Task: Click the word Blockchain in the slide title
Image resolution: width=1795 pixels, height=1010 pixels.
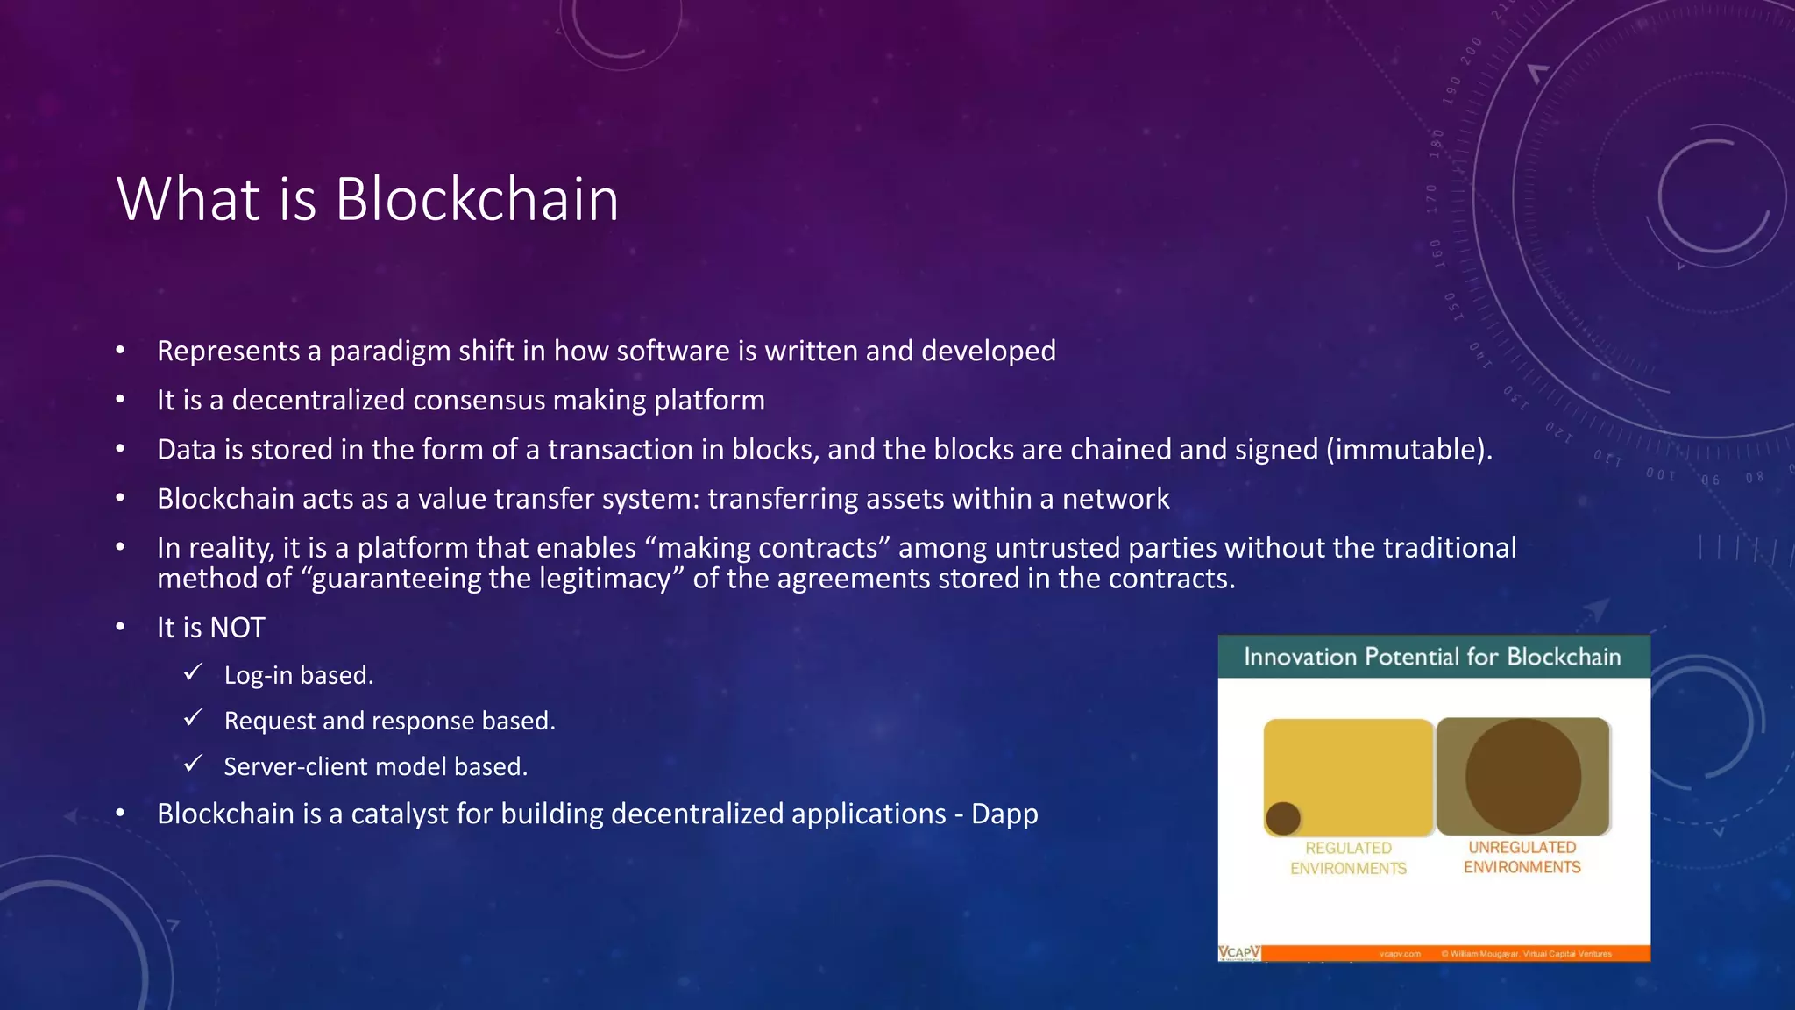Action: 477,200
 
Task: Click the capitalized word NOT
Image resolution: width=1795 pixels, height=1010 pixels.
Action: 238,628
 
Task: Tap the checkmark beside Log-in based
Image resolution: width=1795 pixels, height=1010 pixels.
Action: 194,672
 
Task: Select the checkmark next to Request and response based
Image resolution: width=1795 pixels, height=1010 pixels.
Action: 194,718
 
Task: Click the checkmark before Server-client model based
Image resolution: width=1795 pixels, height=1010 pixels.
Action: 194,764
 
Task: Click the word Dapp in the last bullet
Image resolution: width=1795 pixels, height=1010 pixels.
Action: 1004,814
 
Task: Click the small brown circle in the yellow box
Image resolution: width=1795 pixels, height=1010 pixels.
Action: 1283,818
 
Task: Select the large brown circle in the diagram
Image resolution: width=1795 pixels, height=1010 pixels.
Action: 1523,776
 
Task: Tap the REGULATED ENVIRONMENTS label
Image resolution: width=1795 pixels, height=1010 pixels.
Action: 1348,858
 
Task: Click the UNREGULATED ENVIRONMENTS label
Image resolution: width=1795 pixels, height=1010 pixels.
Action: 1522,857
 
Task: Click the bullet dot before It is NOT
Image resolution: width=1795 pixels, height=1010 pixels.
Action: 121,628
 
